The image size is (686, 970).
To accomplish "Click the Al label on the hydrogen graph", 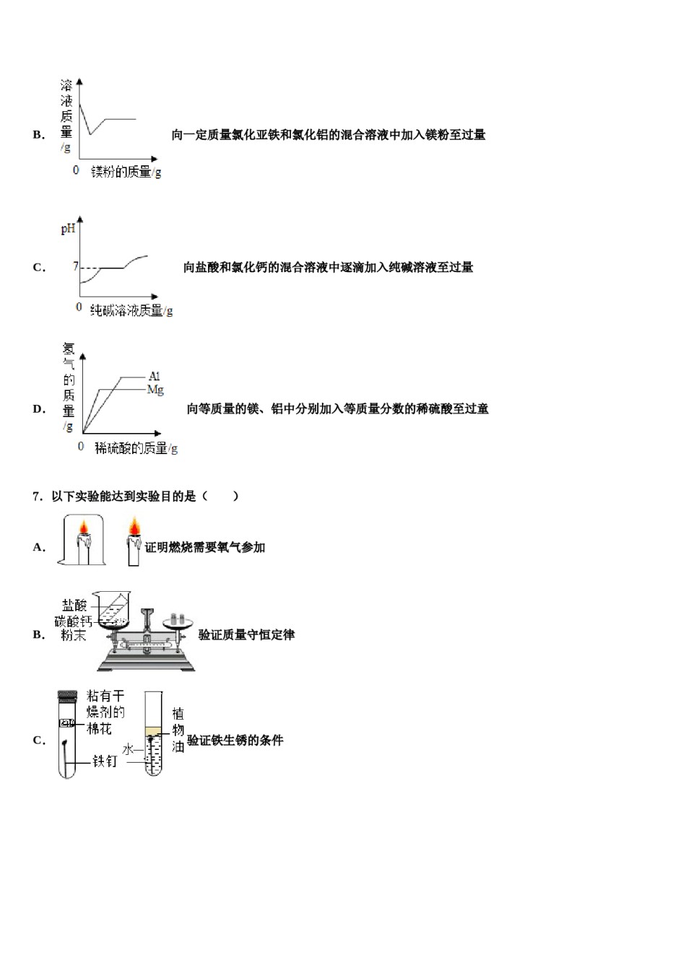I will [x=155, y=376].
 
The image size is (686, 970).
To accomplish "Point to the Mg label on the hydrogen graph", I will [x=155, y=390].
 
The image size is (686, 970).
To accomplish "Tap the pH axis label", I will [x=68, y=229].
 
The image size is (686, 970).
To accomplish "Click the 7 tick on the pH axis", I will [x=75, y=266].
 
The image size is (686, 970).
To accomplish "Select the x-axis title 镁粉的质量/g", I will [x=126, y=172].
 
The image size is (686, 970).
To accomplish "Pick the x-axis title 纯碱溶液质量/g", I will [x=131, y=310].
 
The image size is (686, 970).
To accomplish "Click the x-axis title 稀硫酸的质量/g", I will [x=136, y=448].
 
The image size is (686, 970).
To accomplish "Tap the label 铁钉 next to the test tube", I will [x=105, y=761].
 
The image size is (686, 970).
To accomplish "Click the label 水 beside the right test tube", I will [x=128, y=750].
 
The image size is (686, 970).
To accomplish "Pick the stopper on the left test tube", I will [x=67, y=696].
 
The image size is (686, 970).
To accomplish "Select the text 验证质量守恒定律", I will [x=246, y=635].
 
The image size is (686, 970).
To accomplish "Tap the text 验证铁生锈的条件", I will [x=235, y=740].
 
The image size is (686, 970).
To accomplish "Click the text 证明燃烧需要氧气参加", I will [x=205, y=548].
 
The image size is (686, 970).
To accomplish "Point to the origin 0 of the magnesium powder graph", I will [x=76, y=170].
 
